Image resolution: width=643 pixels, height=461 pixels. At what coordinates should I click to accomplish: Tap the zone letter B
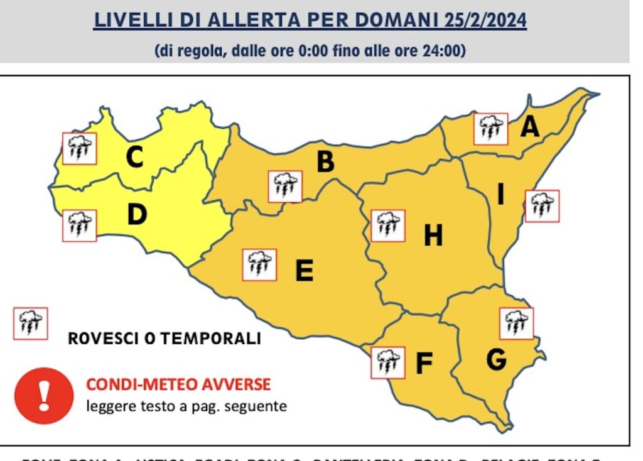tap(325, 161)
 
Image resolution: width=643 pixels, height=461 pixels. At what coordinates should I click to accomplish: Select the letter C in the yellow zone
tap(134, 158)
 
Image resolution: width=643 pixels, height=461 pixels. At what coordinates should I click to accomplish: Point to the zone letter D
tap(136, 215)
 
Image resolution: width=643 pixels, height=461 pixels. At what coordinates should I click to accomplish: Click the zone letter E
tap(304, 271)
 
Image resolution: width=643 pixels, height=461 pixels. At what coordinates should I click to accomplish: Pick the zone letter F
tap(424, 364)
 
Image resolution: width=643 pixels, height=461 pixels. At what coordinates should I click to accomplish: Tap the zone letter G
tap(496, 360)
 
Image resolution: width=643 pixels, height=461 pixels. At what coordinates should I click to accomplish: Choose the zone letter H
tap(433, 236)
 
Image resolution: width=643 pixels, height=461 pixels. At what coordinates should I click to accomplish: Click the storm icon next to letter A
tap(490, 129)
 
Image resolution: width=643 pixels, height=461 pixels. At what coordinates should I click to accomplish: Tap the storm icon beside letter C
tap(79, 149)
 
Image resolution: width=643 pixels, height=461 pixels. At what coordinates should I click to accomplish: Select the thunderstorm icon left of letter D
tap(79, 225)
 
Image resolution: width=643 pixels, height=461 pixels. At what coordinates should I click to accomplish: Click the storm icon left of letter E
tap(259, 264)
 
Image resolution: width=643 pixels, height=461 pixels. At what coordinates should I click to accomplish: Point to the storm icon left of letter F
tap(387, 362)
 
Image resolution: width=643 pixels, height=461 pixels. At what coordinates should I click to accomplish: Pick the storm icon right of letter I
tap(541, 206)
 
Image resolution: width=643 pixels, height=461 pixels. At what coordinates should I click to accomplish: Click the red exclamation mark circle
tap(44, 396)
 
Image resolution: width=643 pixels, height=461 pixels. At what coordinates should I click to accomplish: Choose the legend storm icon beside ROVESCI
tap(30, 323)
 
